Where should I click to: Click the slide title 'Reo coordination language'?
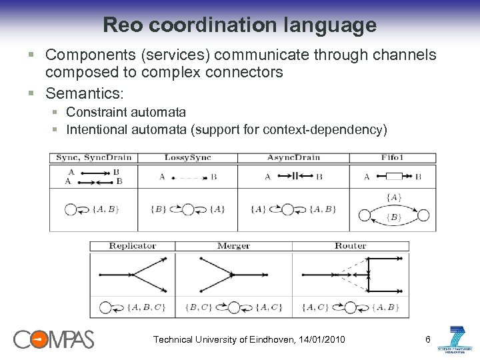pos(239,25)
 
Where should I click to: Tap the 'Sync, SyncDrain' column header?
pos(94,158)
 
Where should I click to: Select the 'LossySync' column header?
pos(187,158)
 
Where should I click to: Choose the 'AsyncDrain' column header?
pos(293,158)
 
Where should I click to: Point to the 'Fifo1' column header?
pos(393,158)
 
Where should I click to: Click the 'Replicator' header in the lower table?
pos(132,246)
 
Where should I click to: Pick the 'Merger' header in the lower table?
pos(233,246)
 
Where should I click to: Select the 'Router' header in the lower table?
pos(350,246)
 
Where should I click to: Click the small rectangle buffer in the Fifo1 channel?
pos(393,177)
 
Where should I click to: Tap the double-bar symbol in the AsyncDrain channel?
pos(294,177)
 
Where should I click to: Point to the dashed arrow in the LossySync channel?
pos(189,178)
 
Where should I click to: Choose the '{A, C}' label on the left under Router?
pos(314,307)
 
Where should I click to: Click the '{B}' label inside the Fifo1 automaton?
pos(393,217)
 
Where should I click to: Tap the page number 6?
pos(427,340)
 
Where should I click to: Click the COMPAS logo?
pos(53,339)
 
